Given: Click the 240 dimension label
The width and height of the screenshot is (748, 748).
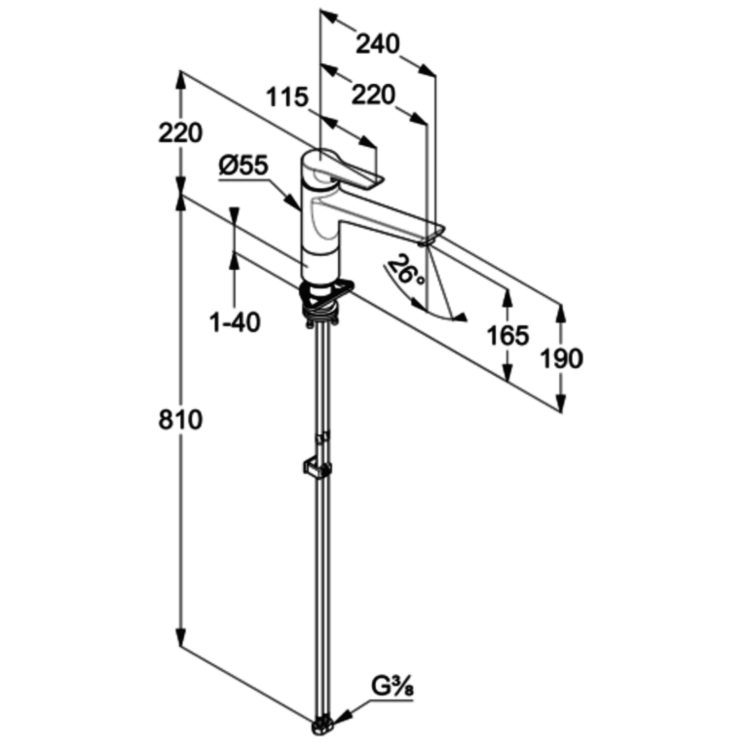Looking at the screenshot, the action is click(377, 44).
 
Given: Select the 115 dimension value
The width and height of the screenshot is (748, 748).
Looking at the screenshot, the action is click(287, 97).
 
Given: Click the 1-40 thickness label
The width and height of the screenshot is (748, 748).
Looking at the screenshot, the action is click(235, 323).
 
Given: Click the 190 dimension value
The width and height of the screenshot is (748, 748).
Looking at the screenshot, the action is click(561, 358).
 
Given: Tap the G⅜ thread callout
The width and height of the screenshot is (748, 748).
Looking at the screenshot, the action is click(392, 690).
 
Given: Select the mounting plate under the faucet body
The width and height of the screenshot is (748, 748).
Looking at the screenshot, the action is click(329, 294).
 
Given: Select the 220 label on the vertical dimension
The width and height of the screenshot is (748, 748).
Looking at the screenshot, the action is click(181, 133).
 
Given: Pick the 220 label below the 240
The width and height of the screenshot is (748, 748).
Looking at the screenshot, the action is click(374, 94).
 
